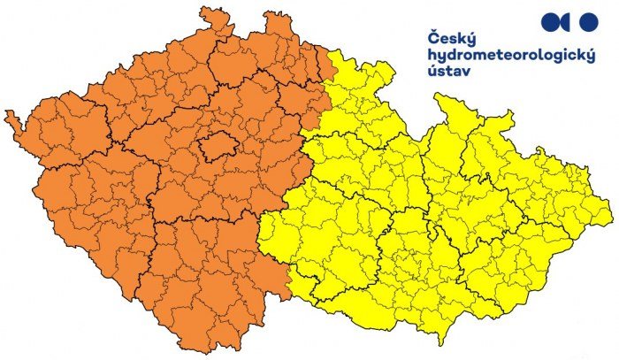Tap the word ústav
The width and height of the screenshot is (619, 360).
[x=447, y=71]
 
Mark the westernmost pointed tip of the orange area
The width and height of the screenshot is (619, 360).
[x=6, y=114]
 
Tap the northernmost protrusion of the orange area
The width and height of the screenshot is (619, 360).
[x=209, y=10]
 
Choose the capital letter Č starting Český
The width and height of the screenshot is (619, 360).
[x=433, y=38]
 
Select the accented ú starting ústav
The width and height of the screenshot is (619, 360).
[x=432, y=70]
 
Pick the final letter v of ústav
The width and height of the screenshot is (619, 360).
[x=465, y=71]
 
